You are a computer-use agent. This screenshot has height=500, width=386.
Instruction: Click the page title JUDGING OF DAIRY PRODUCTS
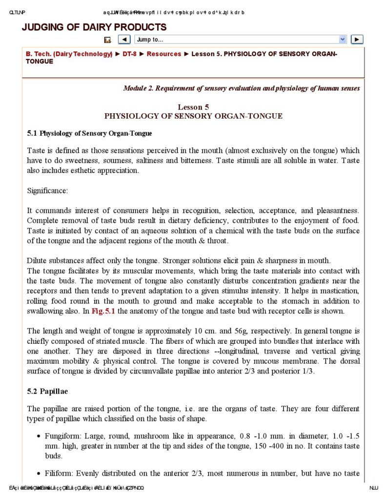coord(94,27)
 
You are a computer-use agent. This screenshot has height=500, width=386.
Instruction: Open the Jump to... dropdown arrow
coord(343,40)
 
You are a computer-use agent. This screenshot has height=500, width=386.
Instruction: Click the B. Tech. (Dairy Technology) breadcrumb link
coord(69,54)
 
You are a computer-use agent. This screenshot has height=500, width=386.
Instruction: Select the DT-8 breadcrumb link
coord(129,54)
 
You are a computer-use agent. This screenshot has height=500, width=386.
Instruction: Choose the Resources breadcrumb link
coord(164,54)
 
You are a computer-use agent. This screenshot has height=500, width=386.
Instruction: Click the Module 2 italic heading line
coord(242,88)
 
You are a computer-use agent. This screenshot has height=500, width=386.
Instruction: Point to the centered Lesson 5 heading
coord(193,107)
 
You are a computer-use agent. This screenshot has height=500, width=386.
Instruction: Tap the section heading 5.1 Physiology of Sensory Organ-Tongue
coord(89,133)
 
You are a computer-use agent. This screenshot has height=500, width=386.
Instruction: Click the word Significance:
coord(47,191)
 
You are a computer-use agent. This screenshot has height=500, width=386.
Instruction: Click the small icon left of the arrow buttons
coord(107,40)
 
